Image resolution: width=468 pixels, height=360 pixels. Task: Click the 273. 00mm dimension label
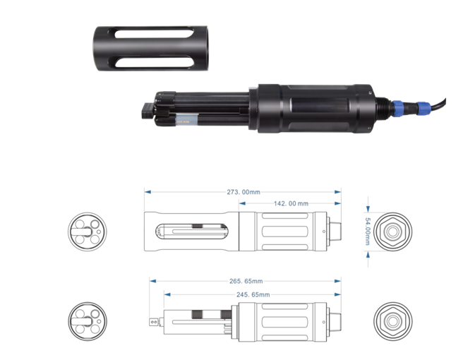(244, 192)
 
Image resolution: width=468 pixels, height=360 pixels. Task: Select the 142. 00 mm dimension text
(291, 203)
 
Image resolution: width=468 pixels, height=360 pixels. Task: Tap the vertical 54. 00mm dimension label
(368, 232)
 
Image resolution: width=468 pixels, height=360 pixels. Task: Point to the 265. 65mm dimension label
(246, 281)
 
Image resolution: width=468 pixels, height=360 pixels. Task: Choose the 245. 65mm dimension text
(253, 295)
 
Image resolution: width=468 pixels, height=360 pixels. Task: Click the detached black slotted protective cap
(151, 49)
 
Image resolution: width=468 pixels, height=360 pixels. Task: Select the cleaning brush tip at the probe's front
(148, 111)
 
